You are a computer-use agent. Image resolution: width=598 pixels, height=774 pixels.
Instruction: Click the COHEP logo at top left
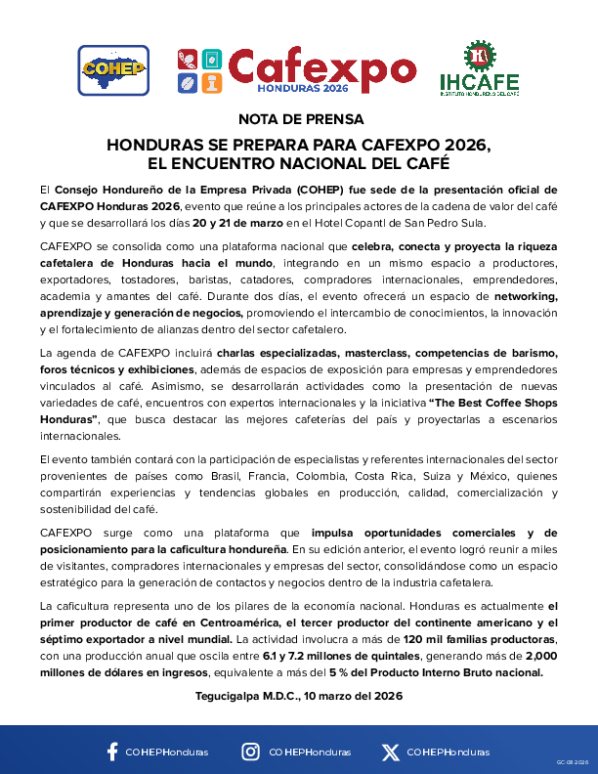(113, 69)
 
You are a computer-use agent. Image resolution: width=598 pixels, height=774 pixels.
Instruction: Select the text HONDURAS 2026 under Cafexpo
(302, 87)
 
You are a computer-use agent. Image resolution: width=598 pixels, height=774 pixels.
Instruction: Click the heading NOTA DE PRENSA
(299, 119)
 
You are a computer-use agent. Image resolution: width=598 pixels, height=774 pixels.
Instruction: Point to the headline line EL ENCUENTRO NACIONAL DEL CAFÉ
(299, 162)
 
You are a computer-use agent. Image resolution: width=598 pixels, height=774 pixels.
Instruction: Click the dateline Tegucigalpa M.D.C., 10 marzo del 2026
(299, 695)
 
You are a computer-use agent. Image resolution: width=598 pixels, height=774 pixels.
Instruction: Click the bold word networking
(526, 296)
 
